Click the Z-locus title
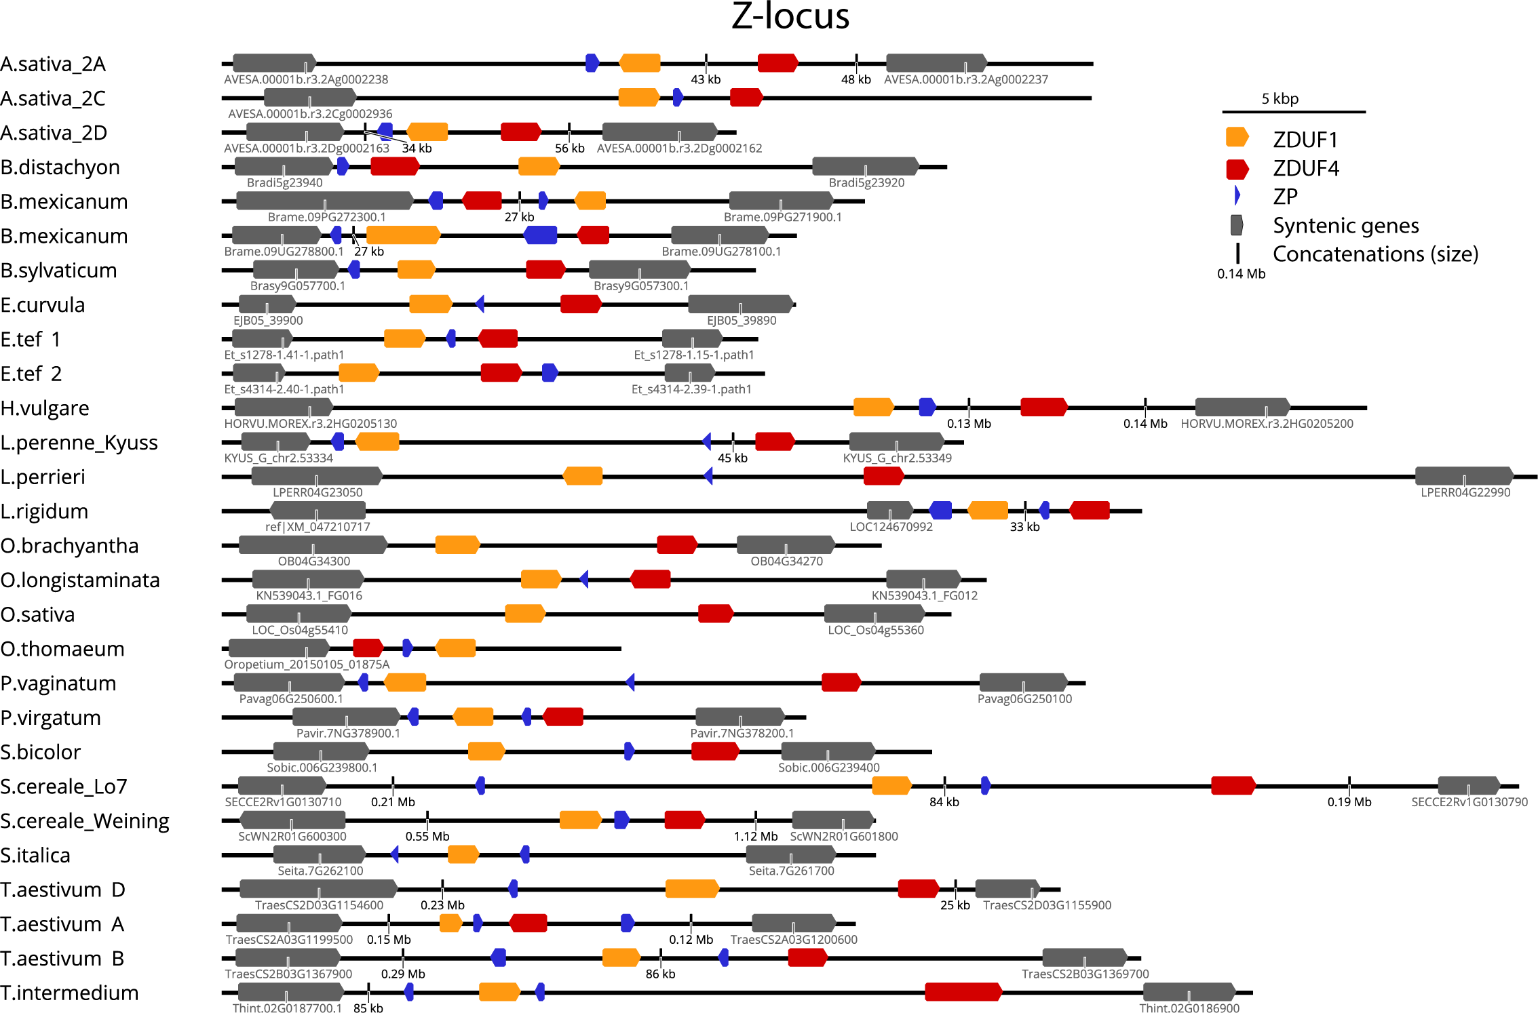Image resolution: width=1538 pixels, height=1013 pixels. (790, 16)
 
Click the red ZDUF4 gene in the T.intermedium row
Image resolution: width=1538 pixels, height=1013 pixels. (963, 992)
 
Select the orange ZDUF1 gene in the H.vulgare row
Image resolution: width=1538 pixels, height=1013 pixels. (873, 408)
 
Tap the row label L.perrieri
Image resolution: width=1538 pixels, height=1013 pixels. (43, 477)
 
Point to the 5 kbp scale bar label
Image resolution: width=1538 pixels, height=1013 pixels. (1280, 99)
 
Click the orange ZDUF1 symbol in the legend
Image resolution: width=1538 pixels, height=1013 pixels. (1237, 138)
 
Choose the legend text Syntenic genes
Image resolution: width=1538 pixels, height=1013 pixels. (1345, 225)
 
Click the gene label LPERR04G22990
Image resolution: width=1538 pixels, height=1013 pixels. (1465, 492)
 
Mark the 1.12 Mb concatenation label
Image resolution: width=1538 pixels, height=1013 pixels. (755, 836)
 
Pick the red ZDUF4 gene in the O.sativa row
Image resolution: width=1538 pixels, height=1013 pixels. (715, 614)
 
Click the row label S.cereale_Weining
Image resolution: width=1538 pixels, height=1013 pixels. (85, 820)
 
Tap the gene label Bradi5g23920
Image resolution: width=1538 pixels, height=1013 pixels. (866, 182)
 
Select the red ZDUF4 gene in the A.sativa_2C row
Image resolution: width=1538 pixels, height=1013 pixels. (746, 98)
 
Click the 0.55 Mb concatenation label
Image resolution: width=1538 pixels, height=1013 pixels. (427, 836)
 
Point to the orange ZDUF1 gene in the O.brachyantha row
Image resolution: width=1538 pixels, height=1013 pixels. (457, 544)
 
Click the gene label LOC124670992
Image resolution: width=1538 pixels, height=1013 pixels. (891, 527)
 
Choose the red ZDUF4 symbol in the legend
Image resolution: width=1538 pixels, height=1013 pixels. (1237, 169)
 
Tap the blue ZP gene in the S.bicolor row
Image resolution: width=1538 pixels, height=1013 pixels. (629, 751)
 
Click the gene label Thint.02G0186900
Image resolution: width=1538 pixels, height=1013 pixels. (1189, 1008)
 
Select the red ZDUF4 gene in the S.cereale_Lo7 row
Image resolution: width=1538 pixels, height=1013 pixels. (1233, 786)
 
